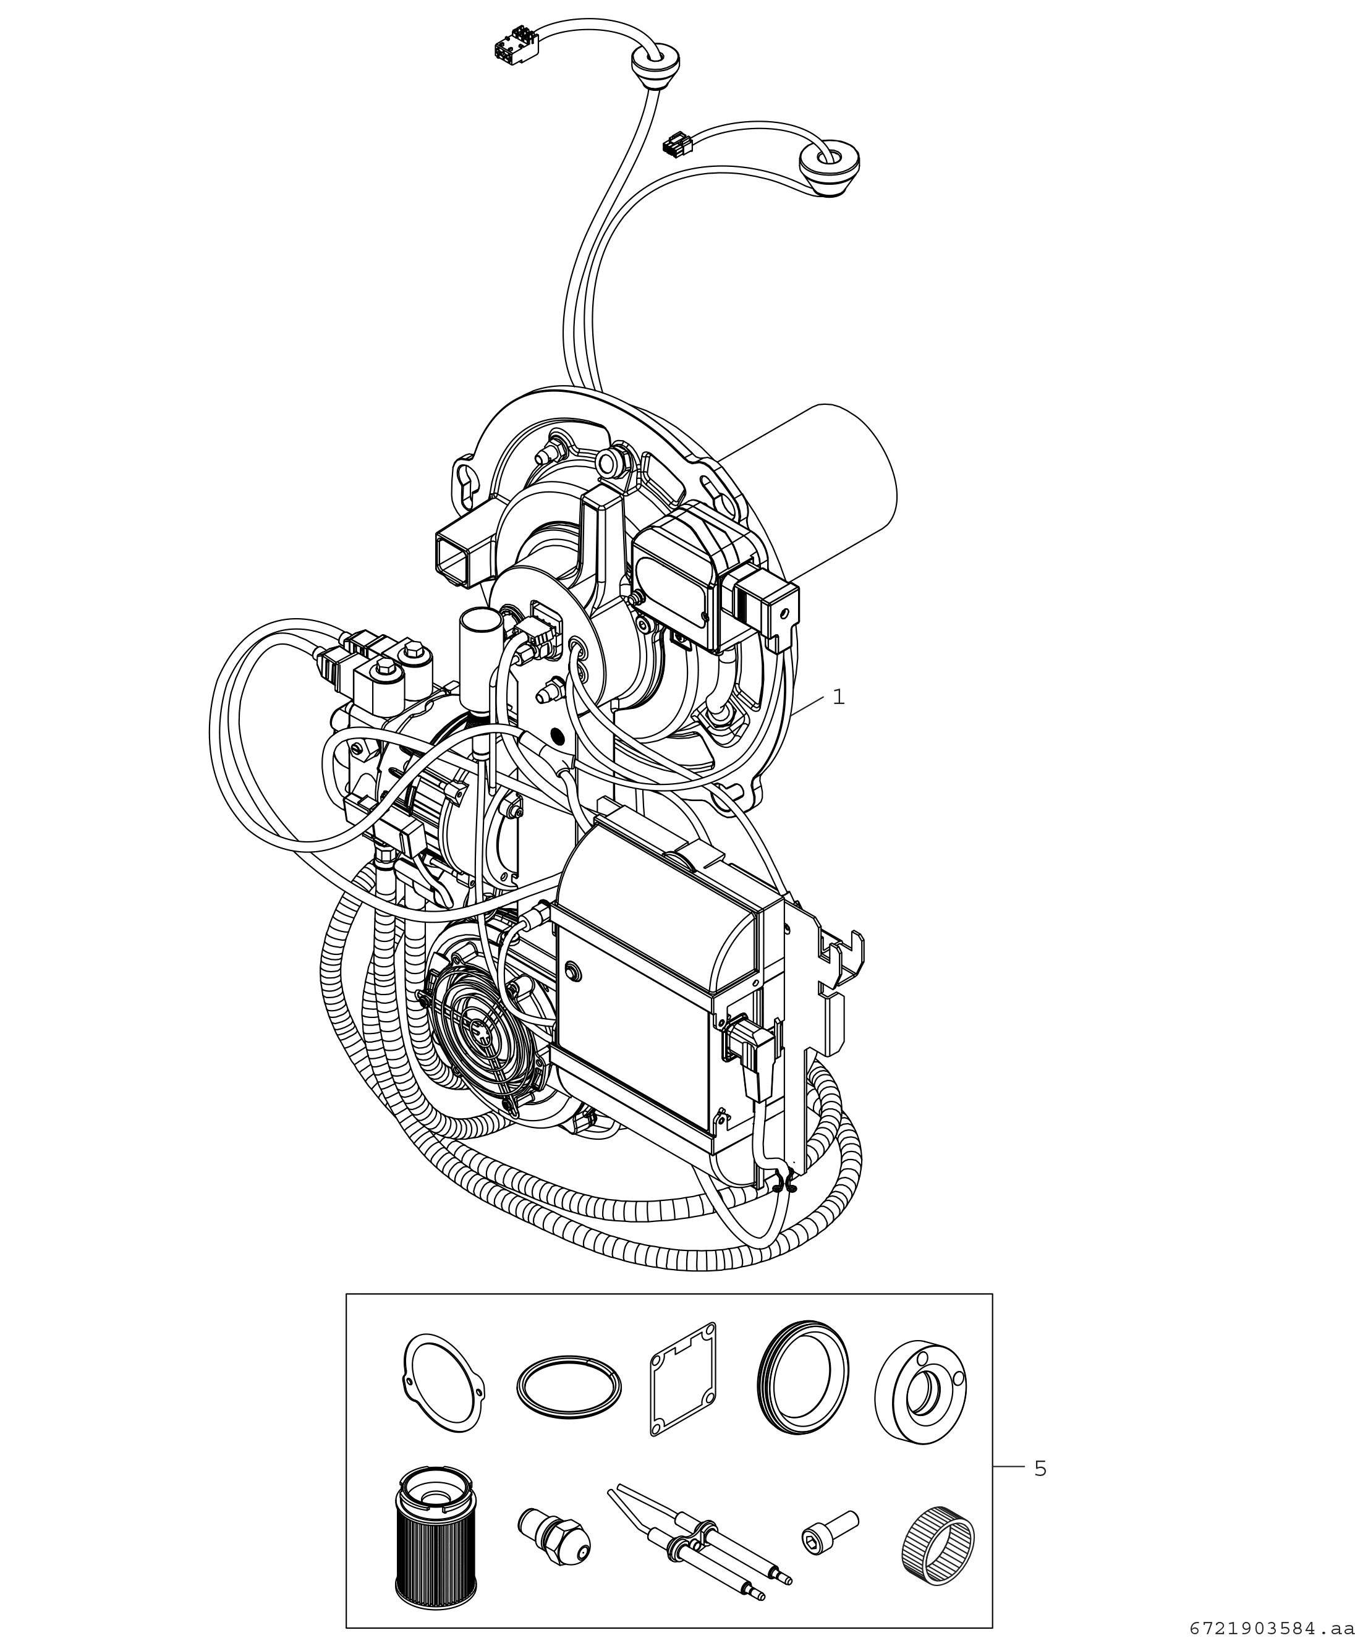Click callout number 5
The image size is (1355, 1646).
pyautogui.click(x=1040, y=1469)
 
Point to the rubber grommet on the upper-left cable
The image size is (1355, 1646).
pyautogui.click(x=655, y=66)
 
